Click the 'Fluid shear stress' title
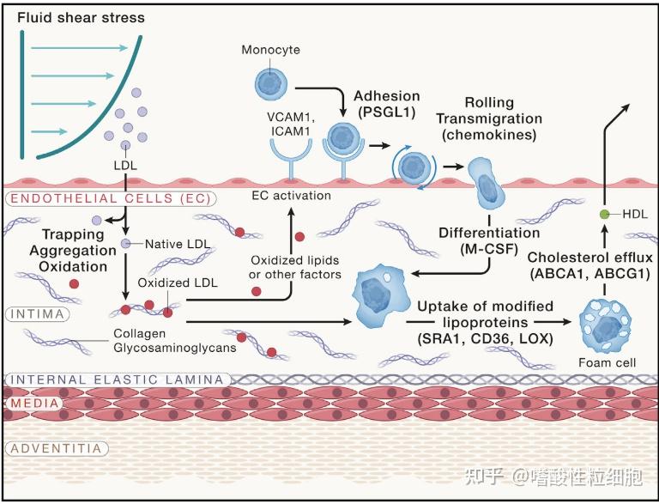[x=82, y=18]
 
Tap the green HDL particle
[x=604, y=214]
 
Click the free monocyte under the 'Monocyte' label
[x=271, y=84]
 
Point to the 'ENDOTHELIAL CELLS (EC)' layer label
[x=111, y=198]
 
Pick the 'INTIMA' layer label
[x=38, y=314]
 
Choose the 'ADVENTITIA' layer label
[x=57, y=448]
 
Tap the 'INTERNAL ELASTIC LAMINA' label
[x=118, y=380]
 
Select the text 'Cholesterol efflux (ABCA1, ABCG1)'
[x=590, y=265]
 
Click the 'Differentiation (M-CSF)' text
[x=489, y=240]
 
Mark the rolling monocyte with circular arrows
[x=414, y=167]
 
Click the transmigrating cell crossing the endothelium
[x=487, y=184]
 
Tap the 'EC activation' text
[x=291, y=196]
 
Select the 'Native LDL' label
[x=178, y=244]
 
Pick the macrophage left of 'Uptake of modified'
[x=381, y=296]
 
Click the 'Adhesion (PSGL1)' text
[x=387, y=104]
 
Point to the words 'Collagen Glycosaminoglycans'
[x=175, y=341]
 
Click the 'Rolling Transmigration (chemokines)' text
[x=489, y=118]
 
